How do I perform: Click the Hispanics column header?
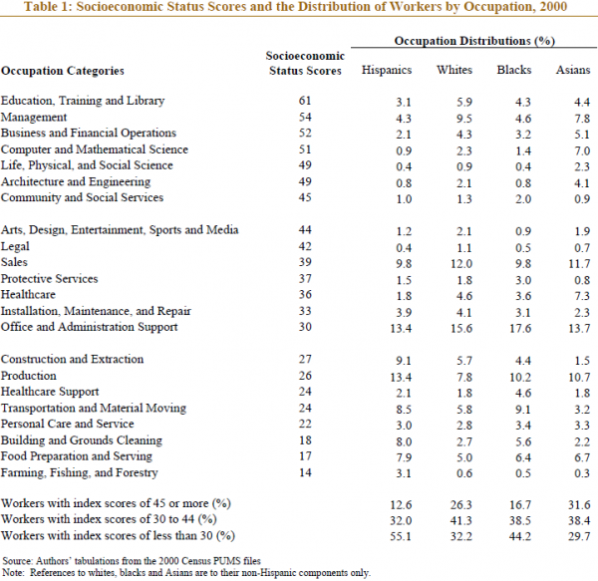pos(387,70)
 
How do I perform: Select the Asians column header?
pos(573,70)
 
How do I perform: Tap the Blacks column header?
pos(513,70)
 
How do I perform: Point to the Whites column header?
pos(454,70)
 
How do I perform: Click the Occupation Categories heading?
pos(63,71)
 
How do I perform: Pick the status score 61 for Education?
pos(305,101)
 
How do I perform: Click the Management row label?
pos(34,117)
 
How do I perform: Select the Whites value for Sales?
pos(461,264)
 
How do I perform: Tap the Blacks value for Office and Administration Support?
pos(520,328)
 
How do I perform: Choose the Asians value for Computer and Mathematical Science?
pos(582,150)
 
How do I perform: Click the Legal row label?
pos(15,247)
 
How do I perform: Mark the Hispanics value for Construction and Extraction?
pos(404,361)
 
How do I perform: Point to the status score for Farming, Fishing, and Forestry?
pos(305,472)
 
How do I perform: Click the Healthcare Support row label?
pos(50,392)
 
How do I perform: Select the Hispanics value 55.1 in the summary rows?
pos(401,536)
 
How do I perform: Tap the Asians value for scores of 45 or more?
pos(579,504)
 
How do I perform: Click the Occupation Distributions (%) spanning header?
pos(474,41)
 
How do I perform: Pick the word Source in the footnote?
pos(18,561)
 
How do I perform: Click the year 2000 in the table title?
pos(553,7)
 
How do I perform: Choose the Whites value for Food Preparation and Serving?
pos(464,457)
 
